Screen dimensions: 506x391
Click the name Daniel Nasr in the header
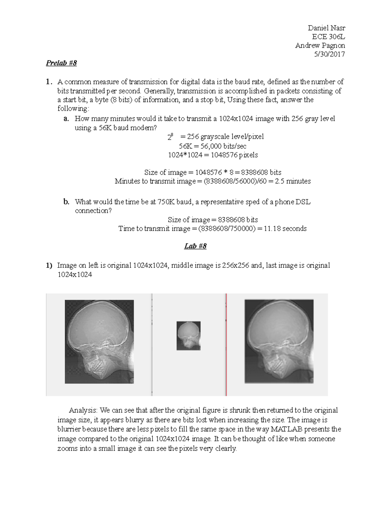pos(326,28)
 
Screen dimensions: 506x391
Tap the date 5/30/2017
pos(329,54)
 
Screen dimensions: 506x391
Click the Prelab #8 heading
pos(61,63)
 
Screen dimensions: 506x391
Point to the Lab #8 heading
pos(195,246)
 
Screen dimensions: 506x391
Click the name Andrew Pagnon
pos(320,46)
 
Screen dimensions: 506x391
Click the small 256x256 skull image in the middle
pos(188,336)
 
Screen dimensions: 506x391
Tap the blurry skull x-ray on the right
pos(279,341)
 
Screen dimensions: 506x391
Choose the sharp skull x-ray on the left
pos(99,341)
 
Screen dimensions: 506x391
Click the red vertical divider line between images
pos(226,344)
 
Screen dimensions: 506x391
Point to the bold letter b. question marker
pos(66,202)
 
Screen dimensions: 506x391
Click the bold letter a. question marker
pos(66,119)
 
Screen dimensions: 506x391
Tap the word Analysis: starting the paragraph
pos(83,410)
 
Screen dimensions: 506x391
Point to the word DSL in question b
pos(303,202)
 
